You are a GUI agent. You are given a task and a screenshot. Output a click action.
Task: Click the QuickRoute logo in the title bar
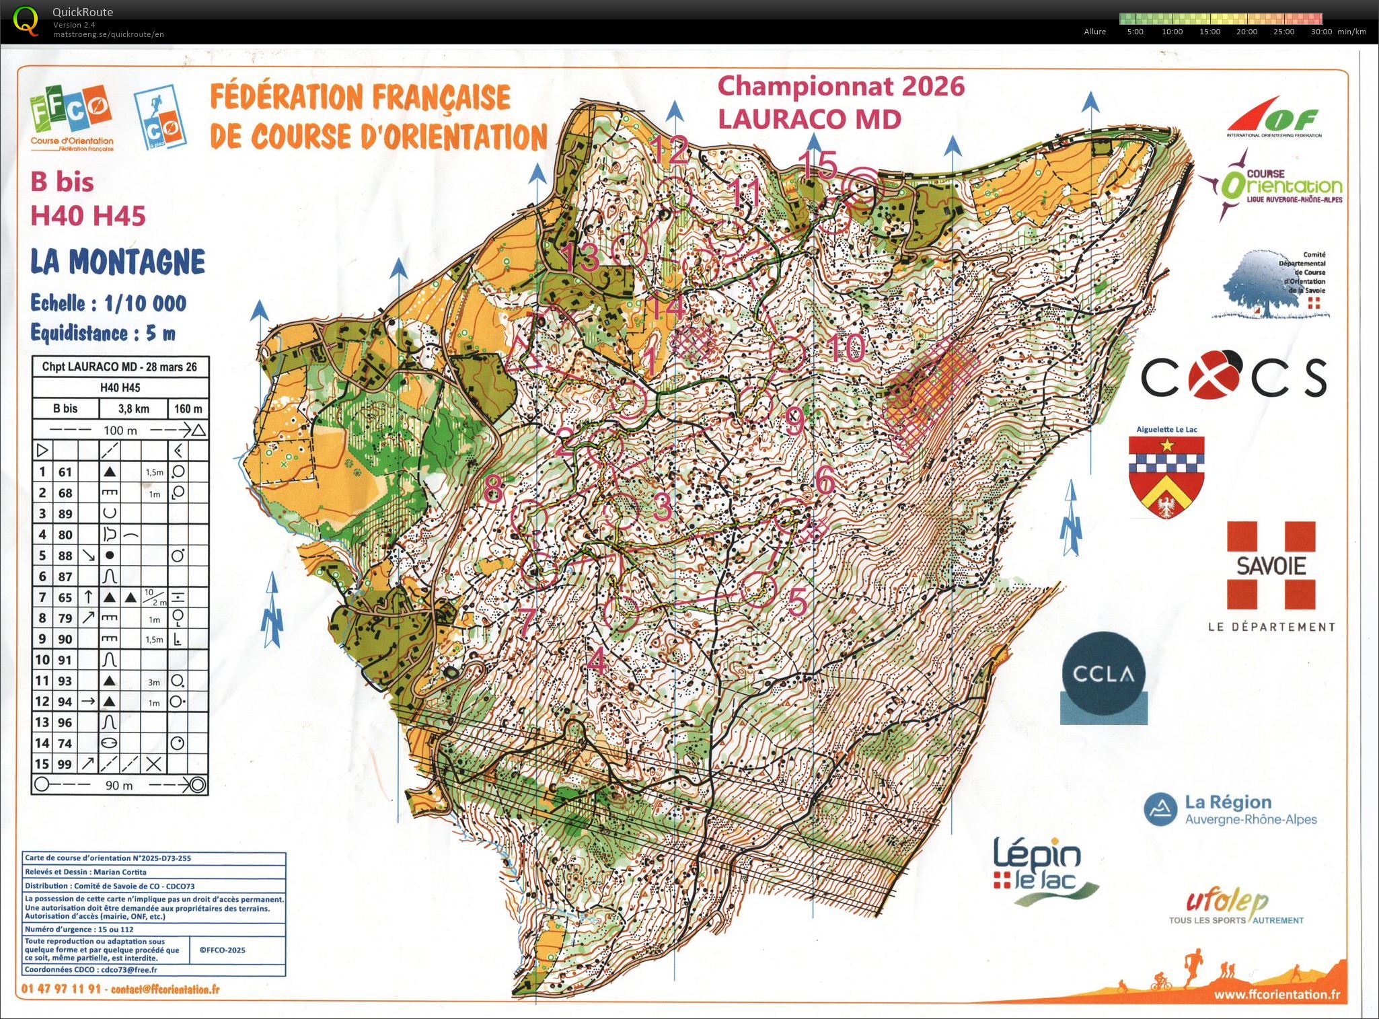click(26, 20)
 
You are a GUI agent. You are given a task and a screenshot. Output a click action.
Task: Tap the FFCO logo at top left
click(71, 114)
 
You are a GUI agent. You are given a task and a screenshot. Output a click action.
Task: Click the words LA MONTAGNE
click(118, 262)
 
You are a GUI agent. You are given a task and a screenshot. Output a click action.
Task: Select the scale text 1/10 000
click(145, 303)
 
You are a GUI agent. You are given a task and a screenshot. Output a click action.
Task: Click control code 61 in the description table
click(65, 472)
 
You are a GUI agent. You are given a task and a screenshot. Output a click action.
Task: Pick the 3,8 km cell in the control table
click(134, 408)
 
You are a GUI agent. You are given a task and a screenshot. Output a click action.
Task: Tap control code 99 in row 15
click(65, 764)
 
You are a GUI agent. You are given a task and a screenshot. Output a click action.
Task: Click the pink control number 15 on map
click(817, 163)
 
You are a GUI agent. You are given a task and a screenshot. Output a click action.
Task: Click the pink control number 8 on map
click(493, 489)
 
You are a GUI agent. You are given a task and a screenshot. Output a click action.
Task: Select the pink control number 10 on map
click(846, 348)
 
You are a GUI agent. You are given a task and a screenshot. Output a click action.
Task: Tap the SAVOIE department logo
click(1271, 565)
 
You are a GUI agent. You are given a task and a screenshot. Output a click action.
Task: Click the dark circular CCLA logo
click(1103, 674)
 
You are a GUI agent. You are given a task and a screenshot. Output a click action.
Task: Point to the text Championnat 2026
click(841, 86)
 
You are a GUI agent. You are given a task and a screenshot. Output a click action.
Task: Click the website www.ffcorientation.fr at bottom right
click(1276, 994)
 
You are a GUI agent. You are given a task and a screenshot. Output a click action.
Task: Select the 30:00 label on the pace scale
click(1321, 32)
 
